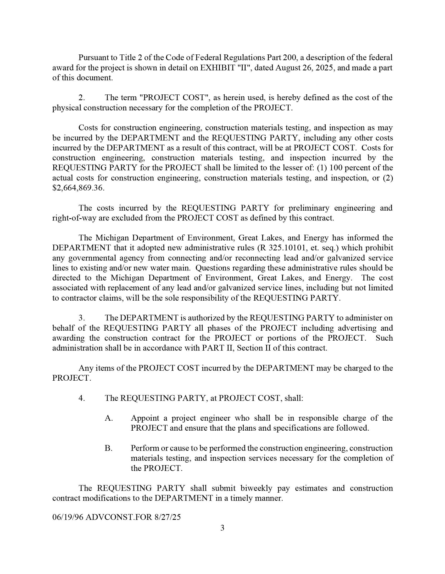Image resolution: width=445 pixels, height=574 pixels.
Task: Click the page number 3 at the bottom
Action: coord(222,528)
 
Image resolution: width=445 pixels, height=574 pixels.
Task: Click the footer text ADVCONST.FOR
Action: coord(119,517)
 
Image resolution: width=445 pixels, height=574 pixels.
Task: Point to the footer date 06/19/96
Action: coord(68,517)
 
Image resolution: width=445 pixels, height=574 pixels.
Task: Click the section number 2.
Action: coord(81,98)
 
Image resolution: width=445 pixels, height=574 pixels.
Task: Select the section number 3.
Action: coord(81,318)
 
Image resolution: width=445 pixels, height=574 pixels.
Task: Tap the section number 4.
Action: coord(81,398)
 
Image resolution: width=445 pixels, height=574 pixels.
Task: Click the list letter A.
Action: coord(109,418)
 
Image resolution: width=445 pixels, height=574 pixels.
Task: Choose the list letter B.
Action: coord(108,448)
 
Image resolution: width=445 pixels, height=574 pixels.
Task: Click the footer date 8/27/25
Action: coord(168,517)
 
